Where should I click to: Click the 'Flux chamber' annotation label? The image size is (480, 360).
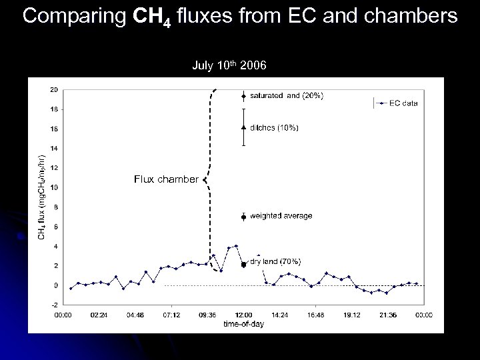pos(165,179)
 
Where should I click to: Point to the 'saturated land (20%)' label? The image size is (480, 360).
pos(287,96)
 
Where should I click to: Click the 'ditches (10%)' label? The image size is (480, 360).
pos(274,127)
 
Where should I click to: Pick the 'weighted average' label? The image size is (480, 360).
pos(281,216)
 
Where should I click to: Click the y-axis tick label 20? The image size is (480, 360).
pos(53,89)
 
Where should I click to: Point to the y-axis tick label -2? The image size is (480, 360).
pos(53,304)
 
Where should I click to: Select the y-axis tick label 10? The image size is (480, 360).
pos(53,187)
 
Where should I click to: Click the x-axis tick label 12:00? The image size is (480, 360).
pos(244,314)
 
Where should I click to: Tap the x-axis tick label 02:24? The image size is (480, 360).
pos(98,314)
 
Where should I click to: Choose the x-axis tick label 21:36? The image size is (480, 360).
pos(388,314)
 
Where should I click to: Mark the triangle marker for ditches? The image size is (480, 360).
pos(244,127)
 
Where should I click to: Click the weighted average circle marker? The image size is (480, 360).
pos(244,217)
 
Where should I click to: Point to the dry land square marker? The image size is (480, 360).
pos(244,265)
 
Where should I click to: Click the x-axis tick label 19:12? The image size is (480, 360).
pos(352,314)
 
